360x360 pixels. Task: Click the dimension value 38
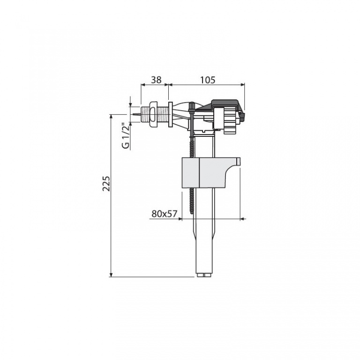[x=156, y=80]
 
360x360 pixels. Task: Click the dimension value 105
[x=208, y=80]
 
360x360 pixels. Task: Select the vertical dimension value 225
[x=106, y=184]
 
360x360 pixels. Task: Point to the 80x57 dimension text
[x=165, y=214]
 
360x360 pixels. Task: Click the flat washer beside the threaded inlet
[x=171, y=114]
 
